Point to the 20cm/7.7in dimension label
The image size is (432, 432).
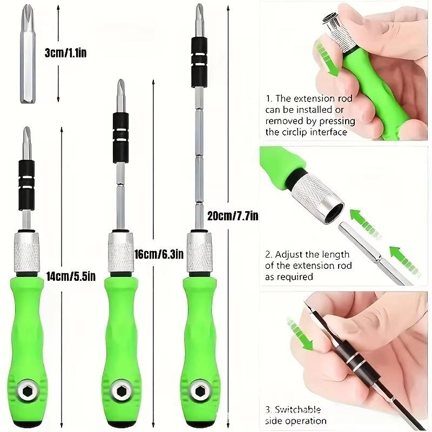click(x=233, y=216)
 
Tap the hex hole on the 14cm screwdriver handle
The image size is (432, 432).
click(x=27, y=387)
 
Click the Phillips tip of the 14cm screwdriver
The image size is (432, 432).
click(x=26, y=141)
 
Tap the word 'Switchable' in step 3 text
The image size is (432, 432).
click(x=300, y=409)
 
